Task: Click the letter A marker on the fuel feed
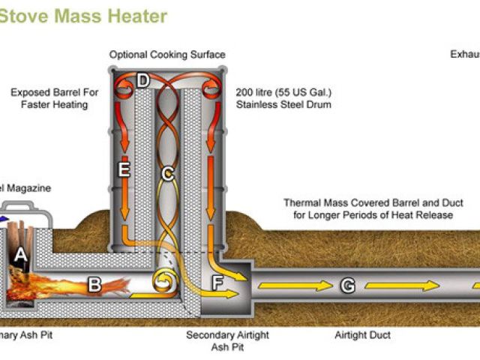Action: pyautogui.click(x=21, y=254)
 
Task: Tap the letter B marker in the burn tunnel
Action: pyautogui.click(x=94, y=285)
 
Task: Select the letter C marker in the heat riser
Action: pyautogui.click(x=168, y=173)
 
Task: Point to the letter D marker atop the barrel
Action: pyautogui.click(x=143, y=80)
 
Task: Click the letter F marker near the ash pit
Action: pyautogui.click(x=217, y=283)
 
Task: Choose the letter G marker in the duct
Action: pyautogui.click(x=347, y=285)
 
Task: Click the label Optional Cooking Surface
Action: pyautogui.click(x=166, y=55)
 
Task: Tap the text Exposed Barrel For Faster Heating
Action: pyautogui.click(x=55, y=98)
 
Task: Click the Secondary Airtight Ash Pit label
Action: pyautogui.click(x=227, y=341)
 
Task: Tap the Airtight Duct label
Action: pyautogui.click(x=362, y=335)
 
